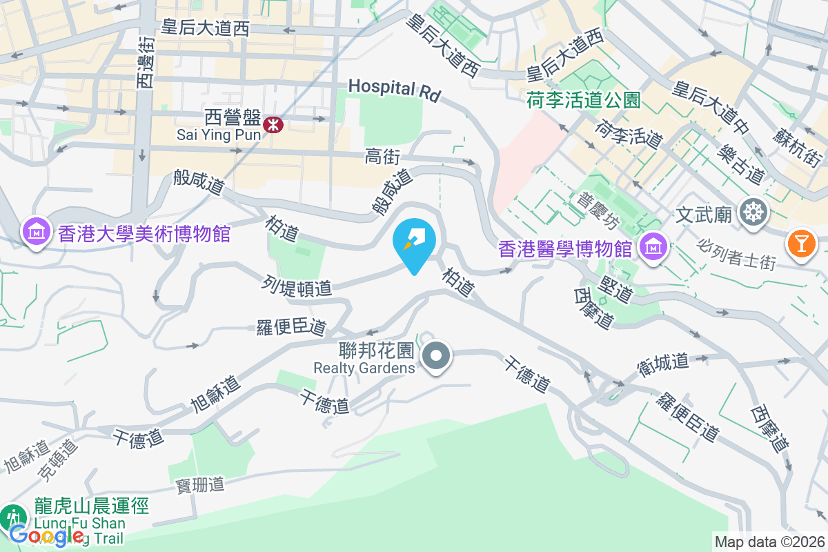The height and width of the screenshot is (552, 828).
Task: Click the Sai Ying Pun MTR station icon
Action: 275,124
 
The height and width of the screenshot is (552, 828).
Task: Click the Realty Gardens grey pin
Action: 436,357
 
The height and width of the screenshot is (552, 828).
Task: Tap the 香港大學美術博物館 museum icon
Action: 34,232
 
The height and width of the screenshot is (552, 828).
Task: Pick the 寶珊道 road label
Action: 200,485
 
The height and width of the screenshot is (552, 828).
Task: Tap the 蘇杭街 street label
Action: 798,145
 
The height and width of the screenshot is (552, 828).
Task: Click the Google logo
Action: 47,535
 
